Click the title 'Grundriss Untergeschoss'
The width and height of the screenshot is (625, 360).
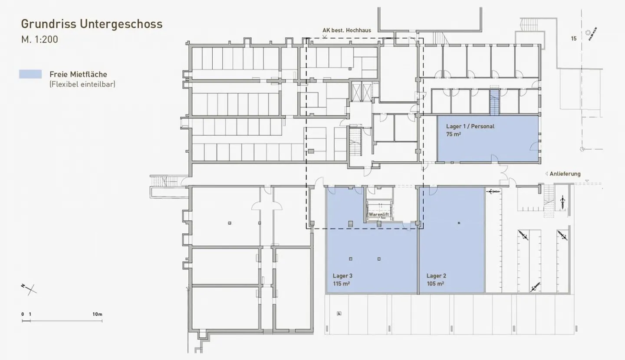pyautogui.click(x=92, y=24)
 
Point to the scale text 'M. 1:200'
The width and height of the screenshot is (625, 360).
pyautogui.click(x=39, y=39)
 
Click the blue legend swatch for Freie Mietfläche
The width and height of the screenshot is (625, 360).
pyautogui.click(x=30, y=74)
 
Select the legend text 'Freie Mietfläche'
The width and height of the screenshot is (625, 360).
pyautogui.click(x=78, y=74)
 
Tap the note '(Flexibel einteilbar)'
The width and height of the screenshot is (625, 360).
pyautogui.click(x=82, y=84)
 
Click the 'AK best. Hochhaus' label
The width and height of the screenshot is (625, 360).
pyautogui.click(x=346, y=30)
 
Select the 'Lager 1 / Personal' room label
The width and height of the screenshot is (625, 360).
pyautogui.click(x=470, y=127)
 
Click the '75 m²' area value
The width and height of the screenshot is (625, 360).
pyautogui.click(x=453, y=134)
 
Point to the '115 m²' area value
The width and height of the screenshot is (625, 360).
pyautogui.click(x=342, y=284)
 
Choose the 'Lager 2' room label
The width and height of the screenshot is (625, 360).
pyautogui.click(x=436, y=276)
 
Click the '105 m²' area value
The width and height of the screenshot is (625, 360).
pyautogui.click(x=435, y=284)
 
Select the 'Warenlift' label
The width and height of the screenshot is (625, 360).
pyautogui.click(x=378, y=215)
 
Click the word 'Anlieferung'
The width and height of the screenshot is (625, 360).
pyautogui.click(x=565, y=174)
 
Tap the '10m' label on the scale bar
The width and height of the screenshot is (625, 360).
pyautogui.click(x=97, y=314)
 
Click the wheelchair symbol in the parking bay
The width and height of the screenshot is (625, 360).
pyautogui.click(x=339, y=313)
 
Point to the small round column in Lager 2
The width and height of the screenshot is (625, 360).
pyautogui.click(x=459, y=223)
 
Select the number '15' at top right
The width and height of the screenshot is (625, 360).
pyautogui.click(x=574, y=39)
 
